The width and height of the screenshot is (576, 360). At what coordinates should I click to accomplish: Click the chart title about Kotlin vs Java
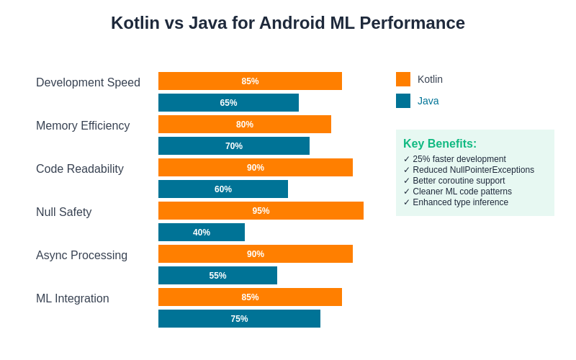(x=288, y=23)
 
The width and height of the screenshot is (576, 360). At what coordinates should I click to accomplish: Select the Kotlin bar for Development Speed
(x=250, y=81)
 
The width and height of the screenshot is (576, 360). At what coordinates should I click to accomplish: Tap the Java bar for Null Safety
(x=202, y=233)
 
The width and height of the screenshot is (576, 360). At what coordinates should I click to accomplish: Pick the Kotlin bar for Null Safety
(x=261, y=211)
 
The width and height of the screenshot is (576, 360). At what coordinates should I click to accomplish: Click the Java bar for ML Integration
(x=239, y=319)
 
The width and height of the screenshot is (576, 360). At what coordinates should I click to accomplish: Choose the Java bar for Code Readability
(x=223, y=189)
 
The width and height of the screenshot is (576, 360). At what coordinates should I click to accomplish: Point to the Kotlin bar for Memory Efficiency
(x=245, y=125)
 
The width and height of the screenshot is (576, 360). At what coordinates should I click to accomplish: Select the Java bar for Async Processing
(x=217, y=276)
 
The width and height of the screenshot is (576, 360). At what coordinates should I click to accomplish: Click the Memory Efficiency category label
(x=83, y=126)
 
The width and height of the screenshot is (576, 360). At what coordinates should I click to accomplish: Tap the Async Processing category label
(x=81, y=256)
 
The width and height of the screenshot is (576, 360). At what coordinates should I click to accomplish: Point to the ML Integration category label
(x=73, y=299)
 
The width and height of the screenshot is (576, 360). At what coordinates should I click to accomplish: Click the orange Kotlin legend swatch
(x=403, y=79)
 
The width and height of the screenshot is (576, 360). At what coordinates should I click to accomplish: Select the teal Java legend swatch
(x=403, y=101)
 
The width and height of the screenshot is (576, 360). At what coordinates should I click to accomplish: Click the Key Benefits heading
(x=440, y=144)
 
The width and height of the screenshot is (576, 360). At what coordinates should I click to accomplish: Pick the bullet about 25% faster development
(x=455, y=159)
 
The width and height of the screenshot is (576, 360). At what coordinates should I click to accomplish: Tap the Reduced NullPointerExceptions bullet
(x=469, y=170)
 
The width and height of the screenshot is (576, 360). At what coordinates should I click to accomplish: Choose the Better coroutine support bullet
(x=454, y=181)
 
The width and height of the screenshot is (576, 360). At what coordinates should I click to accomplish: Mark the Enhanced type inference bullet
(x=456, y=202)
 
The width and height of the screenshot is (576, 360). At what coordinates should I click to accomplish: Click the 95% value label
(x=261, y=211)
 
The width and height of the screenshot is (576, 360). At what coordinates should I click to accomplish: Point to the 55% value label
(x=217, y=276)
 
